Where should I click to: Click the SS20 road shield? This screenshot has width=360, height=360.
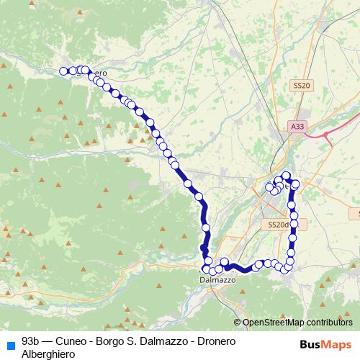point(302,86)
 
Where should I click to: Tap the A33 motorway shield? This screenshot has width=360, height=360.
point(297,126)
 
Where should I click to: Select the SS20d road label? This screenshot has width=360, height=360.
point(277,225)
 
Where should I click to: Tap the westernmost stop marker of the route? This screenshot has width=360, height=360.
point(63,71)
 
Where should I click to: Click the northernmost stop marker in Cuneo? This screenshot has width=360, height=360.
point(286,175)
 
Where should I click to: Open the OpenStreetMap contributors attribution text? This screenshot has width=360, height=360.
point(297,323)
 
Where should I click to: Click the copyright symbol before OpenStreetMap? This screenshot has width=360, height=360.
point(238,323)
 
